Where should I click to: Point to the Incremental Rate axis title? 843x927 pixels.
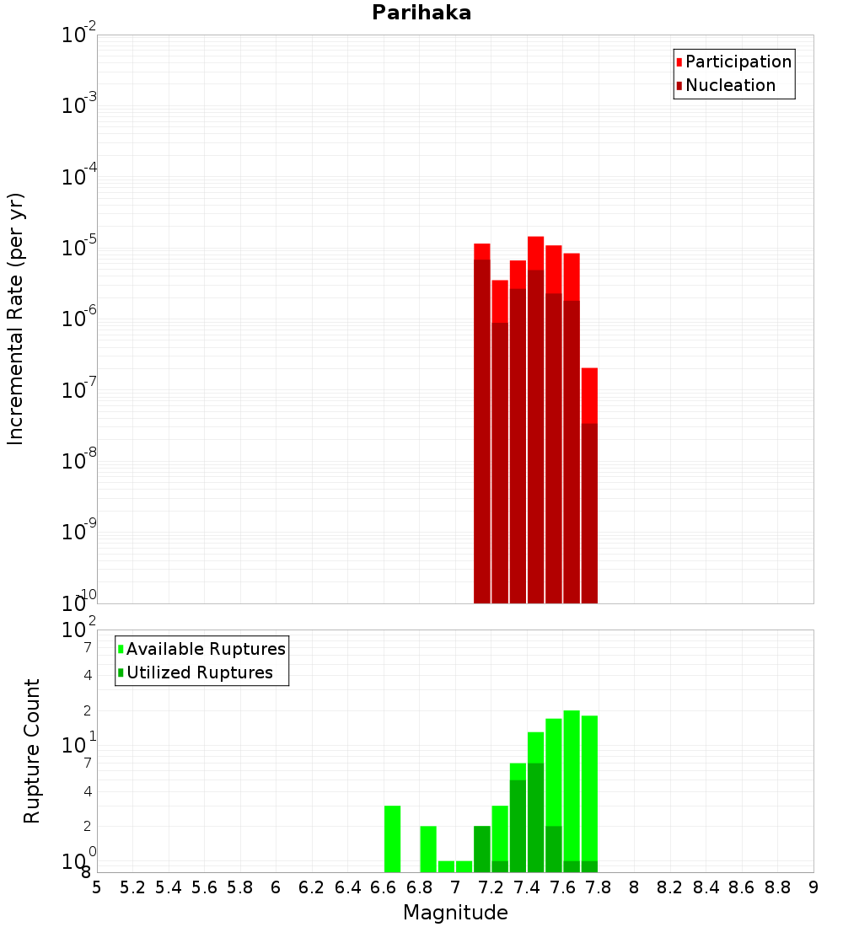(x=16, y=319)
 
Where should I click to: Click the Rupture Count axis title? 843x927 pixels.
(x=32, y=751)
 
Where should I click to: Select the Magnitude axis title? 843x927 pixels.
(x=455, y=912)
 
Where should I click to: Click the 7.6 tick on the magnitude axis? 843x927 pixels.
(x=563, y=887)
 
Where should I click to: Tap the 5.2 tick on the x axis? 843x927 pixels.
(x=133, y=887)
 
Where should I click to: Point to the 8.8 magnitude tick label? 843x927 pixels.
(x=778, y=887)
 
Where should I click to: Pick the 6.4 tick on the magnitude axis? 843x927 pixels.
(x=348, y=887)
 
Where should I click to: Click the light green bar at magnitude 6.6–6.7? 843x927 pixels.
(x=392, y=839)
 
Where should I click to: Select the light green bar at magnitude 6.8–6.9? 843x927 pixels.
(x=428, y=849)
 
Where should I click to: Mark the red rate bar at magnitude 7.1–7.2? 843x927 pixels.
(x=482, y=421)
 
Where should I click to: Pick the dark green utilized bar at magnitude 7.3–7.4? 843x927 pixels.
(x=518, y=826)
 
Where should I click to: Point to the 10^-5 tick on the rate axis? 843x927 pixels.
(x=81, y=248)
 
